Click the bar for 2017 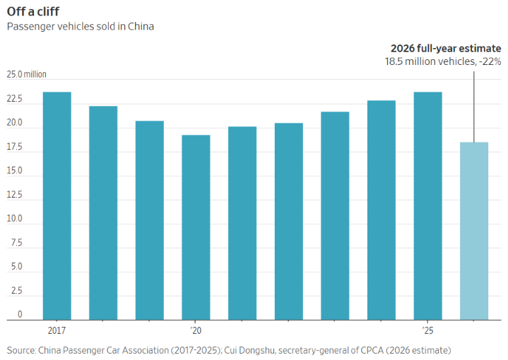(57, 206)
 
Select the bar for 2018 (103, 213)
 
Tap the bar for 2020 (196, 227)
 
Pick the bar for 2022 (289, 222)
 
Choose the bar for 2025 (427, 206)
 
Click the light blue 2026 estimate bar (474, 231)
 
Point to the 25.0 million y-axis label (27, 74)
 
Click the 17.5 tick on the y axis (15, 147)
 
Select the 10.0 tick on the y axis (15, 219)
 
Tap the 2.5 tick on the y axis (16, 290)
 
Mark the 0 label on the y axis (20, 314)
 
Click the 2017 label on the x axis (57, 330)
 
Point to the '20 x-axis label (196, 330)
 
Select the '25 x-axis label (427, 330)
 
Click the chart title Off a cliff (33, 11)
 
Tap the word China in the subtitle (141, 26)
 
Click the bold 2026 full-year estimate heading (446, 48)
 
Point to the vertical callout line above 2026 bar (474, 107)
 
